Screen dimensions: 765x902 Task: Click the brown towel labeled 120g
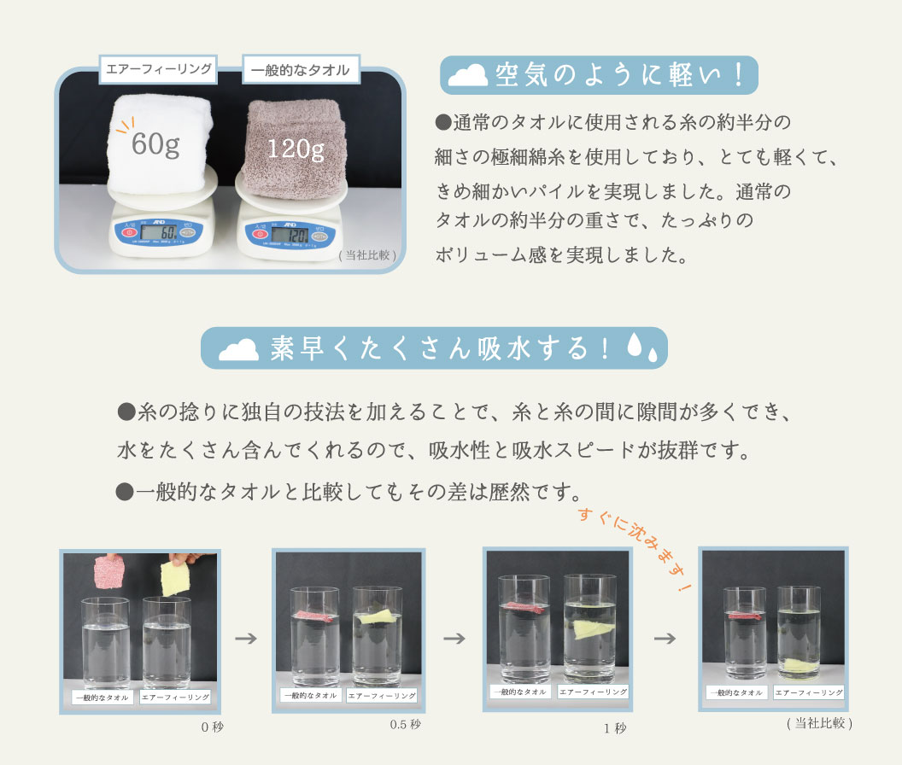click(296, 145)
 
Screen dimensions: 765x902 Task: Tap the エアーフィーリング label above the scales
click(159, 69)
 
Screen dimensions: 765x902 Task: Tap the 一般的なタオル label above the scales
click(301, 70)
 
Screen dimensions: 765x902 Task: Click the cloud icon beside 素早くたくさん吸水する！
click(238, 349)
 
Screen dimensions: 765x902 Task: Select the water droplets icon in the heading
click(641, 347)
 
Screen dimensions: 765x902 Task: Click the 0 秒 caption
click(211, 727)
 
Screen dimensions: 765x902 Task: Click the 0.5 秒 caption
click(405, 724)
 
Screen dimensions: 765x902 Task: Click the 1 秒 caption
click(614, 728)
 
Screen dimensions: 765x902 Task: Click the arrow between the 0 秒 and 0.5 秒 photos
click(246, 638)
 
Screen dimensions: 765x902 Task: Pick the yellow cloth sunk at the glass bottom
click(798, 664)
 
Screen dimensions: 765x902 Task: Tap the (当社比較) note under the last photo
click(818, 722)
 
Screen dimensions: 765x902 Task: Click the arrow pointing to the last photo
click(665, 638)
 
